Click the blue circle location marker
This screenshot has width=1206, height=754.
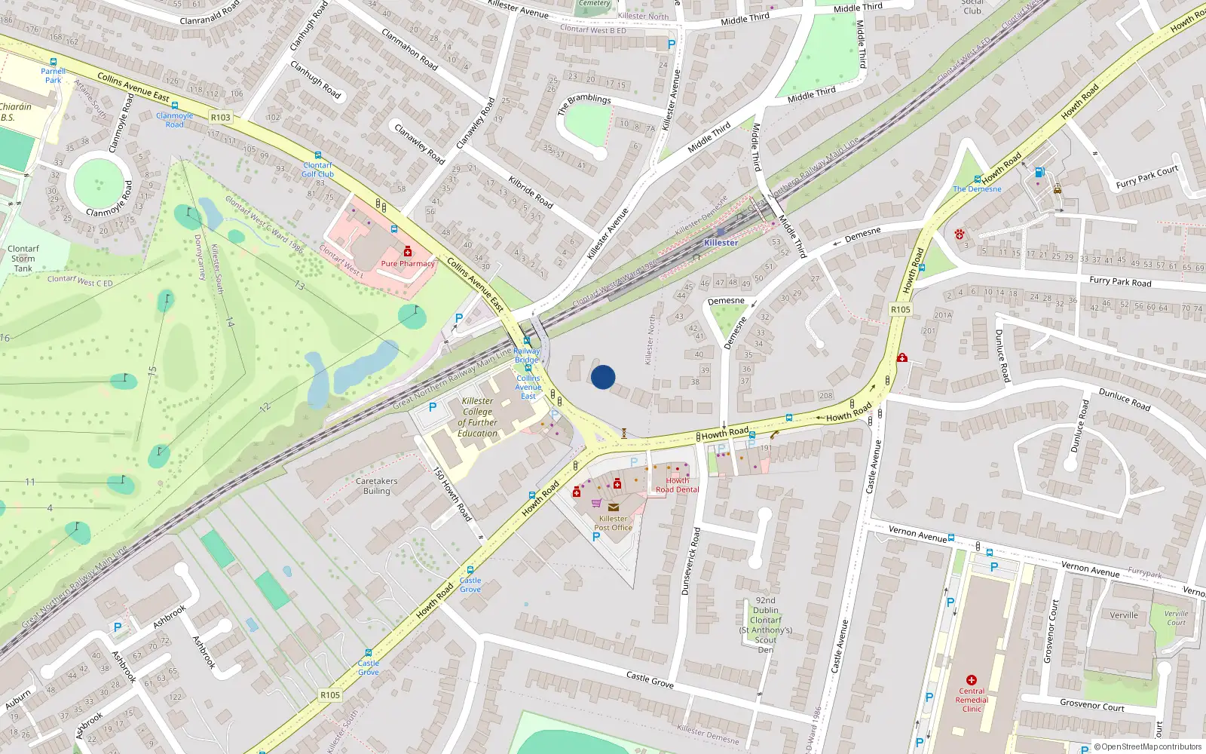coord(603,377)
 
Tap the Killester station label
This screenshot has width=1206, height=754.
coord(721,243)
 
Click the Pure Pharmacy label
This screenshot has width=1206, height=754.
coord(408,264)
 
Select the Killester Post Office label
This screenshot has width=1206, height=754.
coord(613,523)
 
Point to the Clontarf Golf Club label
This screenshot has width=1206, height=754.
coord(317,170)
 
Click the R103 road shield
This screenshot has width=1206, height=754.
coord(221,118)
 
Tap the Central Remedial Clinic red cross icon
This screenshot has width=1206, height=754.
coord(972,680)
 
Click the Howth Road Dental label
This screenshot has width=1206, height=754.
coord(677,485)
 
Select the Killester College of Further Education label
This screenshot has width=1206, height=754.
coord(477,417)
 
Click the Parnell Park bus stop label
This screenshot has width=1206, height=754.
coord(53,75)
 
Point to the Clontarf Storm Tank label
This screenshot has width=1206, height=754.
coord(23,259)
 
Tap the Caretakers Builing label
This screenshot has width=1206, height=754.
coord(377,486)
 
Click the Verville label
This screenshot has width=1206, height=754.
coord(1124,615)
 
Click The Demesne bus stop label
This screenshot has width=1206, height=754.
coord(977,189)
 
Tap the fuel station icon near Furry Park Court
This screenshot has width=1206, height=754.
coord(1040,173)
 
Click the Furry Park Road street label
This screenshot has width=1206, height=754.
coord(1120,281)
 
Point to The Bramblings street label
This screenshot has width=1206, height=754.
coord(584,104)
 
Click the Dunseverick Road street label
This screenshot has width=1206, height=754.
coord(690,562)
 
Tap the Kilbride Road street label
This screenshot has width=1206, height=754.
coord(531,192)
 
